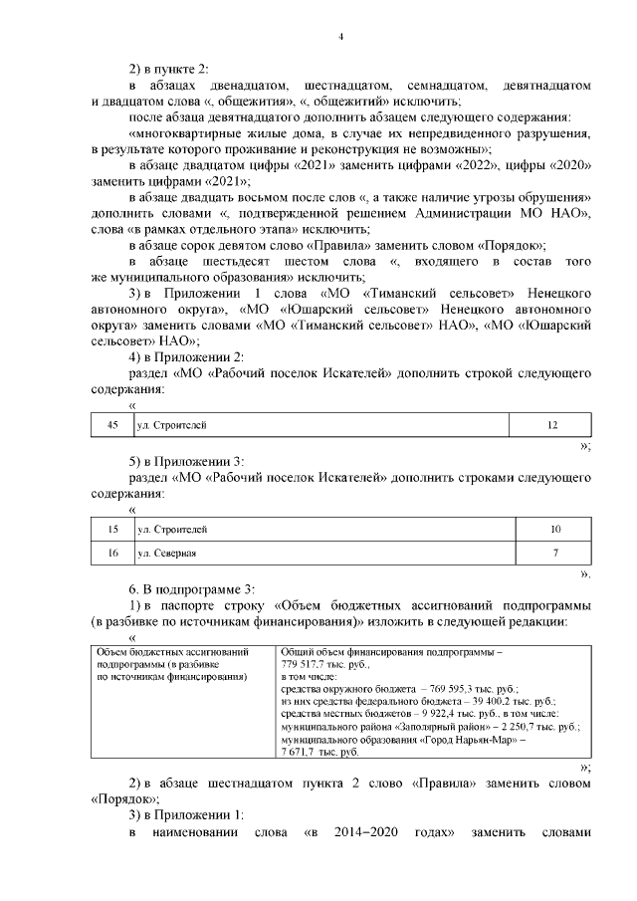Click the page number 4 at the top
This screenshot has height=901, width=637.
pos(340,38)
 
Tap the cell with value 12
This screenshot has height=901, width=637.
pos(552,425)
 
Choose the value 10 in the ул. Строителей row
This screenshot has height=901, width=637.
pos(555,529)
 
